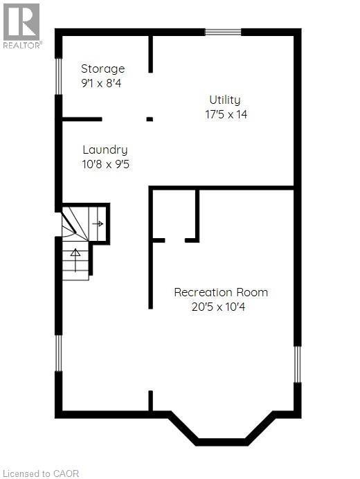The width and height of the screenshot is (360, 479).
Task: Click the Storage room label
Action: coord(102,69)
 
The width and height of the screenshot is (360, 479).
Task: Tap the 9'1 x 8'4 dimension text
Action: coord(101,83)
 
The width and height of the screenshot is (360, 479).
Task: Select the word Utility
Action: coord(225,100)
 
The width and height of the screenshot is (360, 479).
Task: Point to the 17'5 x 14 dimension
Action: coord(226,114)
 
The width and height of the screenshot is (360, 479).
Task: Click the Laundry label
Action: coord(105,150)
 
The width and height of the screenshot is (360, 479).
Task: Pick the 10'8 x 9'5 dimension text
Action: coord(106,164)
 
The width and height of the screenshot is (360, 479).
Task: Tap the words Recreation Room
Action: coord(221,292)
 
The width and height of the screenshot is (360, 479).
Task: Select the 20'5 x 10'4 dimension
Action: coord(218,307)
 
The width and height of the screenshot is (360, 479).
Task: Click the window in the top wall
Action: coord(223,32)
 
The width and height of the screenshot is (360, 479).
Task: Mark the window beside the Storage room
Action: coord(58,76)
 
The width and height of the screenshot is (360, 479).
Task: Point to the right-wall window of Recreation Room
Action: coord(298,364)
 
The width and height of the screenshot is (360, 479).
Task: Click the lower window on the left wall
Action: coord(58,353)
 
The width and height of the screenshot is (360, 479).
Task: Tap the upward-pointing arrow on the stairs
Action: coord(75,260)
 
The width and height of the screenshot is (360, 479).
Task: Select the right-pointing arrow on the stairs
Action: coord(98,224)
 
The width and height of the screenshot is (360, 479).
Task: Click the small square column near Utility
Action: coord(150,119)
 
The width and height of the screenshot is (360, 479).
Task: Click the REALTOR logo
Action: coord(22,26)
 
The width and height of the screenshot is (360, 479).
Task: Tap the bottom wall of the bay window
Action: coord(222,442)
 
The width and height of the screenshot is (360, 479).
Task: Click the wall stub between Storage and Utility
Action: coord(150,55)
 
